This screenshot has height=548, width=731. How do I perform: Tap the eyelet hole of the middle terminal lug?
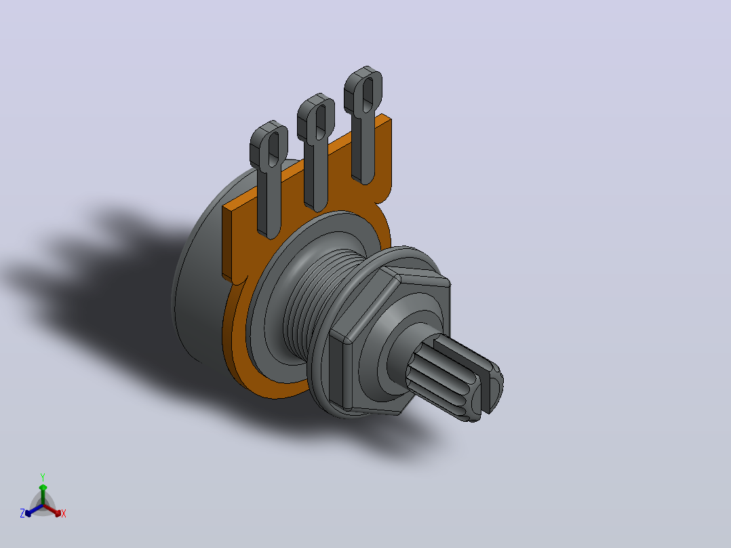pyautogui.click(x=321, y=121)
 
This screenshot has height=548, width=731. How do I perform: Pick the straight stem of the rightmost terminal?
pyautogui.click(x=363, y=149)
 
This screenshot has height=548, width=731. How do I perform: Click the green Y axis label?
pyautogui.click(x=43, y=477)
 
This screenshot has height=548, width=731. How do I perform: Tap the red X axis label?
pyautogui.click(x=64, y=513)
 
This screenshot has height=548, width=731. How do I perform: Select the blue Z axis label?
pyautogui.click(x=22, y=513)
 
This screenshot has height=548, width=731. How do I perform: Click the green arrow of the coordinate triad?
pyautogui.click(x=43, y=494)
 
